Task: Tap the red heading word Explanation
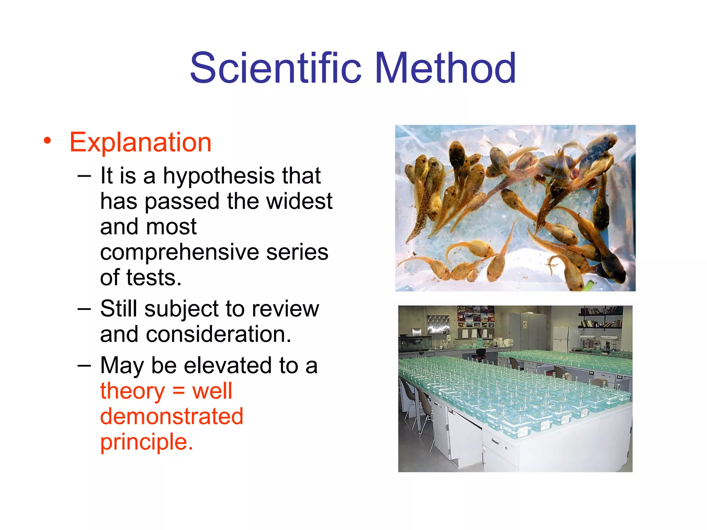tap(140, 142)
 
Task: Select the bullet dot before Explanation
tap(47, 141)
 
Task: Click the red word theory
tap(133, 391)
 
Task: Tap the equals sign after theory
tap(178, 391)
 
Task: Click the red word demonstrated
tap(172, 416)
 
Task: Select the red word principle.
tap(146, 442)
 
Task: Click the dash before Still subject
tap(84, 308)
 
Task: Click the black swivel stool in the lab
tap(480, 353)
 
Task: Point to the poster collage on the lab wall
tap(475, 317)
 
